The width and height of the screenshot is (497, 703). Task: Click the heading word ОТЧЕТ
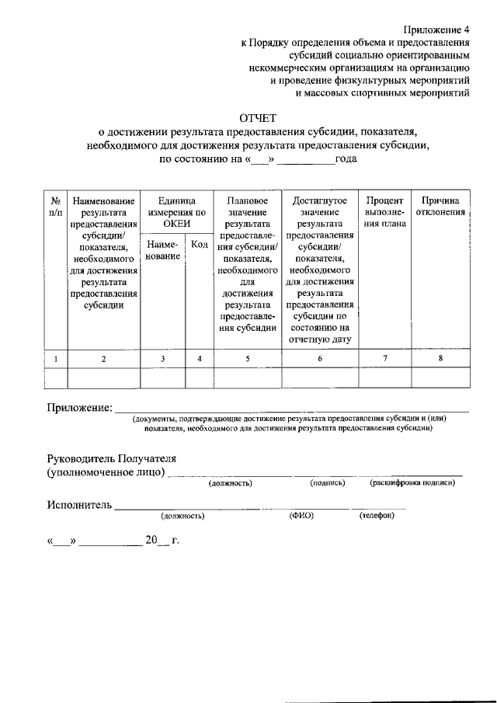coord(256,119)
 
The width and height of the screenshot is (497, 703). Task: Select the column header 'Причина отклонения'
coord(440,206)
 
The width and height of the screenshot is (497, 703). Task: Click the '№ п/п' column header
coord(56,206)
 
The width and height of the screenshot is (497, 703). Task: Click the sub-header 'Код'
coord(199,245)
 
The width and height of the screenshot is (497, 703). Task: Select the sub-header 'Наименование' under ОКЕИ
coord(162,250)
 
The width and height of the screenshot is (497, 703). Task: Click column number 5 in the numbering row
coord(247,359)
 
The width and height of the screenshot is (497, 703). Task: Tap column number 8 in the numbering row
coord(440,358)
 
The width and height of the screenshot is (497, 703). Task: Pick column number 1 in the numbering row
coord(56,359)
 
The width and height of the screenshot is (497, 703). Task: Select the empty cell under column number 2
coord(104,378)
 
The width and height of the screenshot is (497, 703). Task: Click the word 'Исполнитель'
coord(79,505)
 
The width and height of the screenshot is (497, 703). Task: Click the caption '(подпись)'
coord(327,483)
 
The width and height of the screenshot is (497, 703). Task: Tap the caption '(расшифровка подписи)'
coord(412,483)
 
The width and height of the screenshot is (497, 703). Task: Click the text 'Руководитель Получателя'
coord(112,458)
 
